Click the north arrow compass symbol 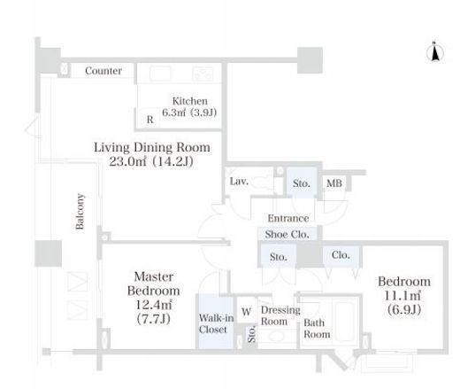coord(434,52)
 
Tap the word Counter coord(103,71)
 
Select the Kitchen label coord(190,101)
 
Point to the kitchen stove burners coord(203,74)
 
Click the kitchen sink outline coord(160,74)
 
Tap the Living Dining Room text coord(152,147)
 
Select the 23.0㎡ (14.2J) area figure coord(151,161)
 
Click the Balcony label coord(80,211)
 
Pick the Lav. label coord(239,181)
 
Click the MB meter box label coord(334,183)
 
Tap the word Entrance coord(288,219)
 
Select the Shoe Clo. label coord(287,234)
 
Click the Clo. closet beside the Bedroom coord(341,256)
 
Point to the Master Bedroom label coord(154,284)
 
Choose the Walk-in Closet coord(216,322)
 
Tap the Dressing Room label coord(280,315)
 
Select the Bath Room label coord(317,329)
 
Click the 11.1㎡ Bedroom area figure coord(402,296)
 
